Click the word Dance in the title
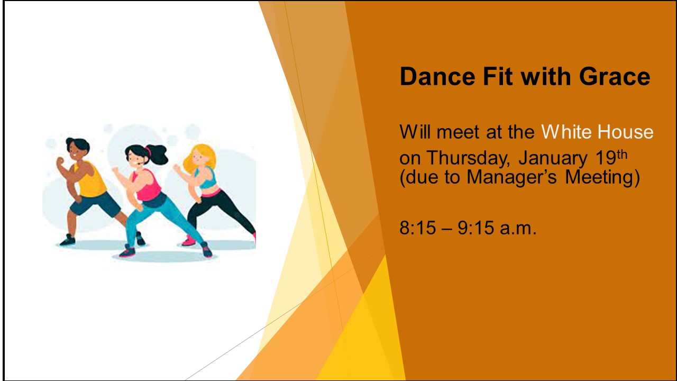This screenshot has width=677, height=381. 437,76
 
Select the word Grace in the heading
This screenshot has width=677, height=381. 615,76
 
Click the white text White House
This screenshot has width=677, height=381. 597,132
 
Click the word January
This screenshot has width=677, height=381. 553,158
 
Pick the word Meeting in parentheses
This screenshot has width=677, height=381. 599,177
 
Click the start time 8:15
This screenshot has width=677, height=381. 418,228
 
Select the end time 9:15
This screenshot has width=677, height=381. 475,228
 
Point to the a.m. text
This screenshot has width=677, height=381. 518,229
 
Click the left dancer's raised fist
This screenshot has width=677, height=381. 60,160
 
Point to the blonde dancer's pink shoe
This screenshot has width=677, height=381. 189,241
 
